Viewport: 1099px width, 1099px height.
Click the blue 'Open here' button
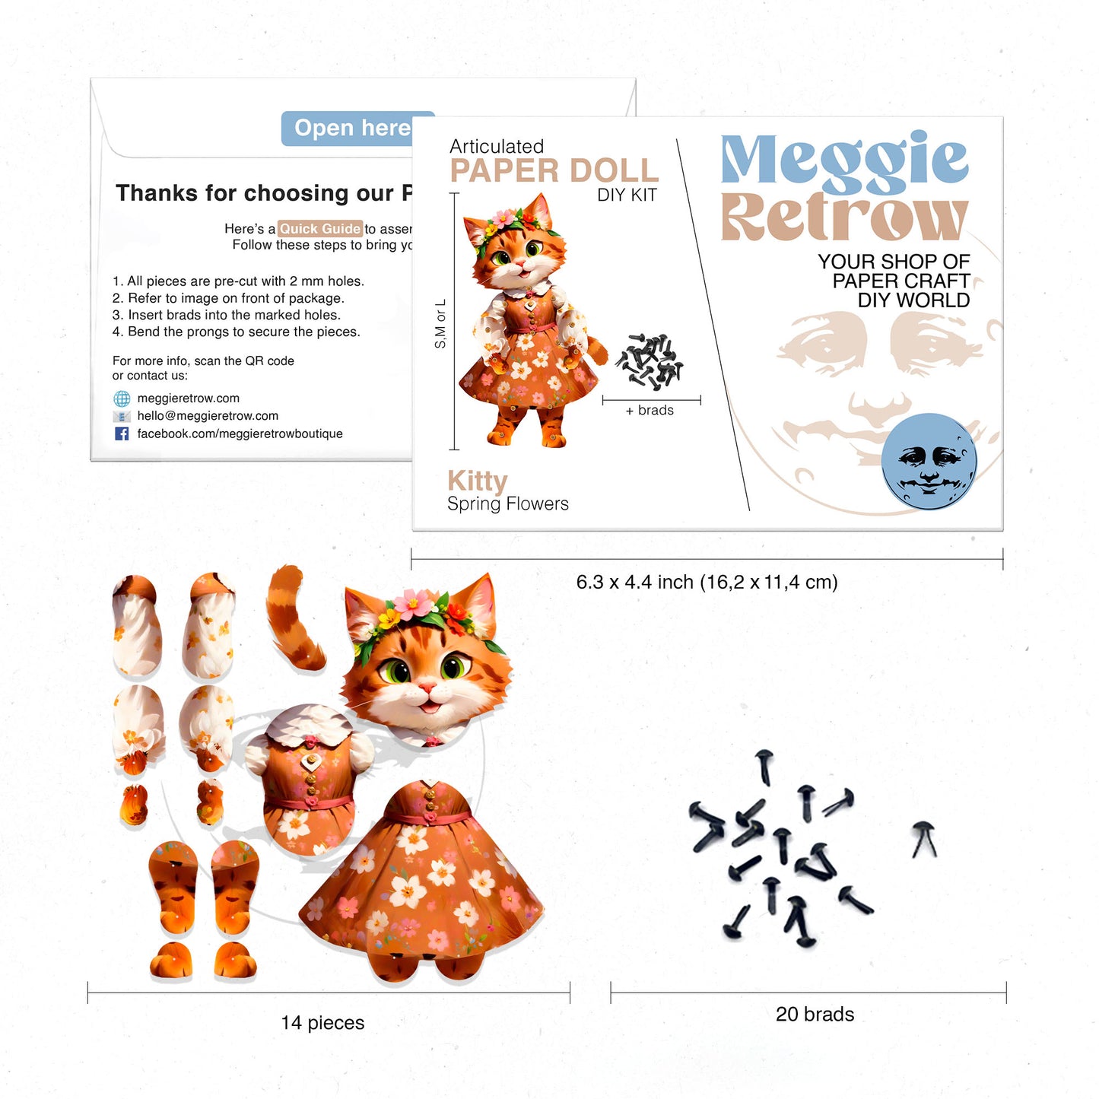coord(351,129)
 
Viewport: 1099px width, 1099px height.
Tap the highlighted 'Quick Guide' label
coord(319,228)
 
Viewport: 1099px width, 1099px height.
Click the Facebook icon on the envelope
coord(122,434)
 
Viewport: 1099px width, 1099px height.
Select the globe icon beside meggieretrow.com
coord(122,399)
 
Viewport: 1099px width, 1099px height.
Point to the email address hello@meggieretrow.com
coord(208,416)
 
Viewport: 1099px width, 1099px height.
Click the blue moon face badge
coord(929,461)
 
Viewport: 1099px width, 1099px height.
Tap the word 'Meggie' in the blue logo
coord(844,160)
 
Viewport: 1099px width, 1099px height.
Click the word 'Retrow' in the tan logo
coord(844,218)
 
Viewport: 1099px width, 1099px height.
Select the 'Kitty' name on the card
coord(477,481)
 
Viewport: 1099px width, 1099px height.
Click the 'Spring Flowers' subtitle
coord(507,503)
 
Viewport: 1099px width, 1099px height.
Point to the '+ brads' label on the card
coord(650,411)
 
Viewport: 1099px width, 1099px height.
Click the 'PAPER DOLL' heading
coord(554,171)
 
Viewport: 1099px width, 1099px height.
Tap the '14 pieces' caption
coord(322,1023)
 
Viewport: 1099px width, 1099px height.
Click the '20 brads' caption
coord(815,1015)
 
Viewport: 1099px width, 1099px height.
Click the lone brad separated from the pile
coord(924,839)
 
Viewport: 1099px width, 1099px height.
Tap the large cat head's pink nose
coord(427,689)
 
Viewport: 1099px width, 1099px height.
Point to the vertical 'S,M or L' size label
coord(440,324)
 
